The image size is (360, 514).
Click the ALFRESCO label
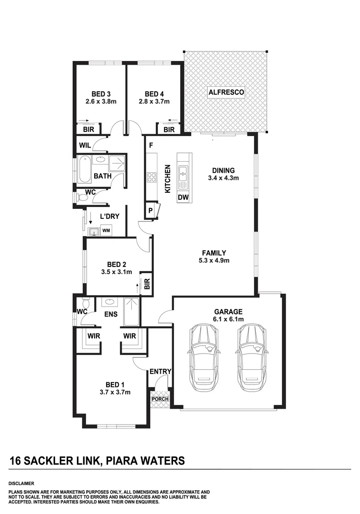pyautogui.click(x=226, y=92)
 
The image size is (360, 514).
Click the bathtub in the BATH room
pyautogui.click(x=85, y=169)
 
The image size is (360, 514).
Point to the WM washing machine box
pyautogui.click(x=106, y=231)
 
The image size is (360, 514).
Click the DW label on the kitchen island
pyautogui.click(x=183, y=197)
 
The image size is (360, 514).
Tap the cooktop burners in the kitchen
pyautogui.click(x=152, y=178)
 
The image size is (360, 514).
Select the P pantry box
pyautogui.click(x=150, y=211)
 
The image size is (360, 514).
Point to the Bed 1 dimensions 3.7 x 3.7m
pyautogui.click(x=115, y=392)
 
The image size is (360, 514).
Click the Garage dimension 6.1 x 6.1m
pyautogui.click(x=229, y=319)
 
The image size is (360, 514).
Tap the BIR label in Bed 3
pyautogui.click(x=88, y=129)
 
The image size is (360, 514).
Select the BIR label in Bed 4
pyautogui.click(x=169, y=129)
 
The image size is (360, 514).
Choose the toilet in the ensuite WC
pyautogui.click(x=86, y=303)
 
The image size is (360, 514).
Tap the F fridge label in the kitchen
pyautogui.click(x=150, y=145)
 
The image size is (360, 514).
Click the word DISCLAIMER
pyautogui.click(x=21, y=483)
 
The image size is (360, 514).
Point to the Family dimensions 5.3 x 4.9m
pyautogui.click(x=214, y=260)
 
